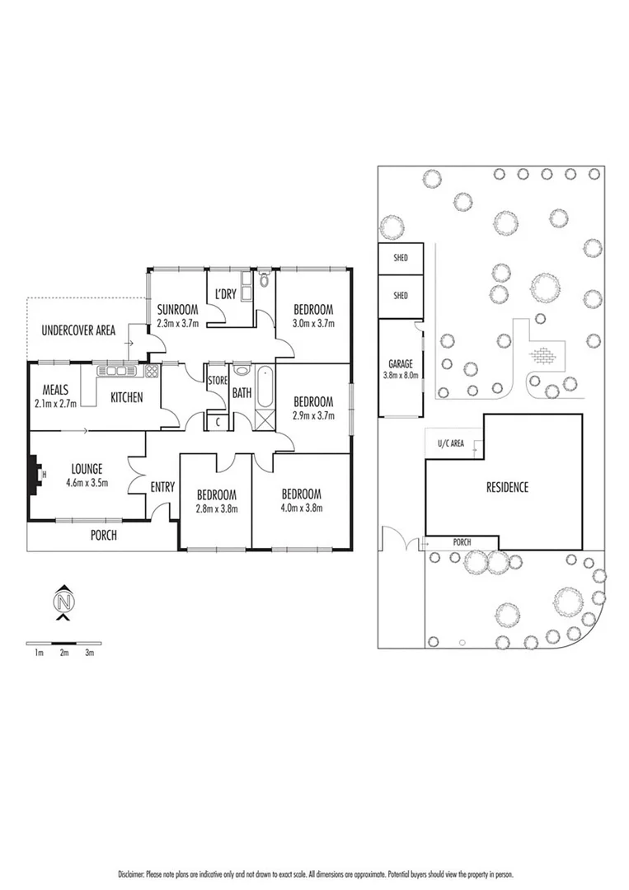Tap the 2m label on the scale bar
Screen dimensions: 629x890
[64, 653]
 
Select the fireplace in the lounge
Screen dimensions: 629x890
[35, 476]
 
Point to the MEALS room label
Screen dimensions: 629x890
[51, 389]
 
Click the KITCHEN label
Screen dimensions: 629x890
[126, 398]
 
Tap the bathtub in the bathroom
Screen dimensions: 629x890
[264, 389]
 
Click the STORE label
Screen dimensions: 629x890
[217, 381]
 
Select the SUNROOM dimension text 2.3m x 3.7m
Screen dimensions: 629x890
[177, 323]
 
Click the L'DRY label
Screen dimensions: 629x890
[226, 294]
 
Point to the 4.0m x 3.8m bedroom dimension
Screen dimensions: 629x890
[301, 508]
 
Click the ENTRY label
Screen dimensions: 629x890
[162, 487]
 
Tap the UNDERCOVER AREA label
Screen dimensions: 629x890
[78, 331]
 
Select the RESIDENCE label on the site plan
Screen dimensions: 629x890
[506, 487]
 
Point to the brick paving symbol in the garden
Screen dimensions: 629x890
[543, 356]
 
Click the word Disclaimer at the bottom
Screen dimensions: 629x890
[132, 874]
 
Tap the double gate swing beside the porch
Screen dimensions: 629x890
[404, 540]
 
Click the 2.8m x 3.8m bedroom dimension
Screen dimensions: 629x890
[216, 508]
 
